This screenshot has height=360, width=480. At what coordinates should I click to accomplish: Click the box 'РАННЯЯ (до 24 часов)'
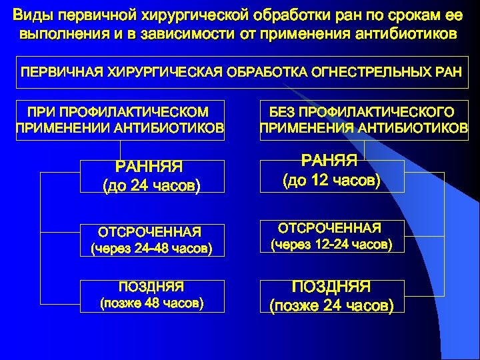click(151, 176)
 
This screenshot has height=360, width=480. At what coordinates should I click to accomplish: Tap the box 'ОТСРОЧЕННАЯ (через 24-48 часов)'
click(151, 240)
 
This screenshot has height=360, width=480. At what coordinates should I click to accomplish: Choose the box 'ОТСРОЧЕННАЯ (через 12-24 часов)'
click(331, 237)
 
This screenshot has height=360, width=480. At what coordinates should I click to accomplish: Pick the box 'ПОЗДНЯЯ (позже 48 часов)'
click(151, 295)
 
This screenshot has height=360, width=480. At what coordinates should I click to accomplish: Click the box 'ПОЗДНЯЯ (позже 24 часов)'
click(331, 296)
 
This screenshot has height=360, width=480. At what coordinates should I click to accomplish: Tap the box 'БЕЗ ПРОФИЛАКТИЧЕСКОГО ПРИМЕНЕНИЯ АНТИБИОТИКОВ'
click(363, 121)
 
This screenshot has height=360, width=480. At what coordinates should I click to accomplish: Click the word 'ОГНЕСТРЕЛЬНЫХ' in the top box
click(363, 72)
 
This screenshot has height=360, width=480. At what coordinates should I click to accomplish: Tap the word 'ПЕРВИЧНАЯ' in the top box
click(59, 72)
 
